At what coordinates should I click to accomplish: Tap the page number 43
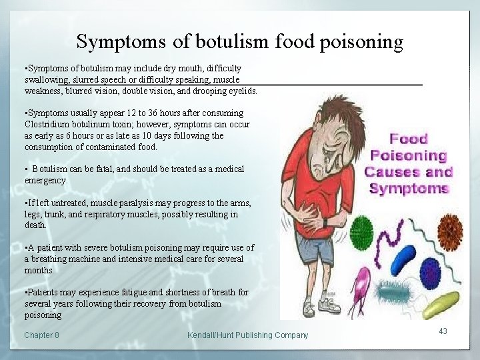443,331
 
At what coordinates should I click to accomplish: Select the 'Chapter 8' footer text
41,335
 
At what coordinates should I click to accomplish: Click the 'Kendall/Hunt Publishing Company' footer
247,335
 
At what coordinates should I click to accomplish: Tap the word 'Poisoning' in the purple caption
408,156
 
